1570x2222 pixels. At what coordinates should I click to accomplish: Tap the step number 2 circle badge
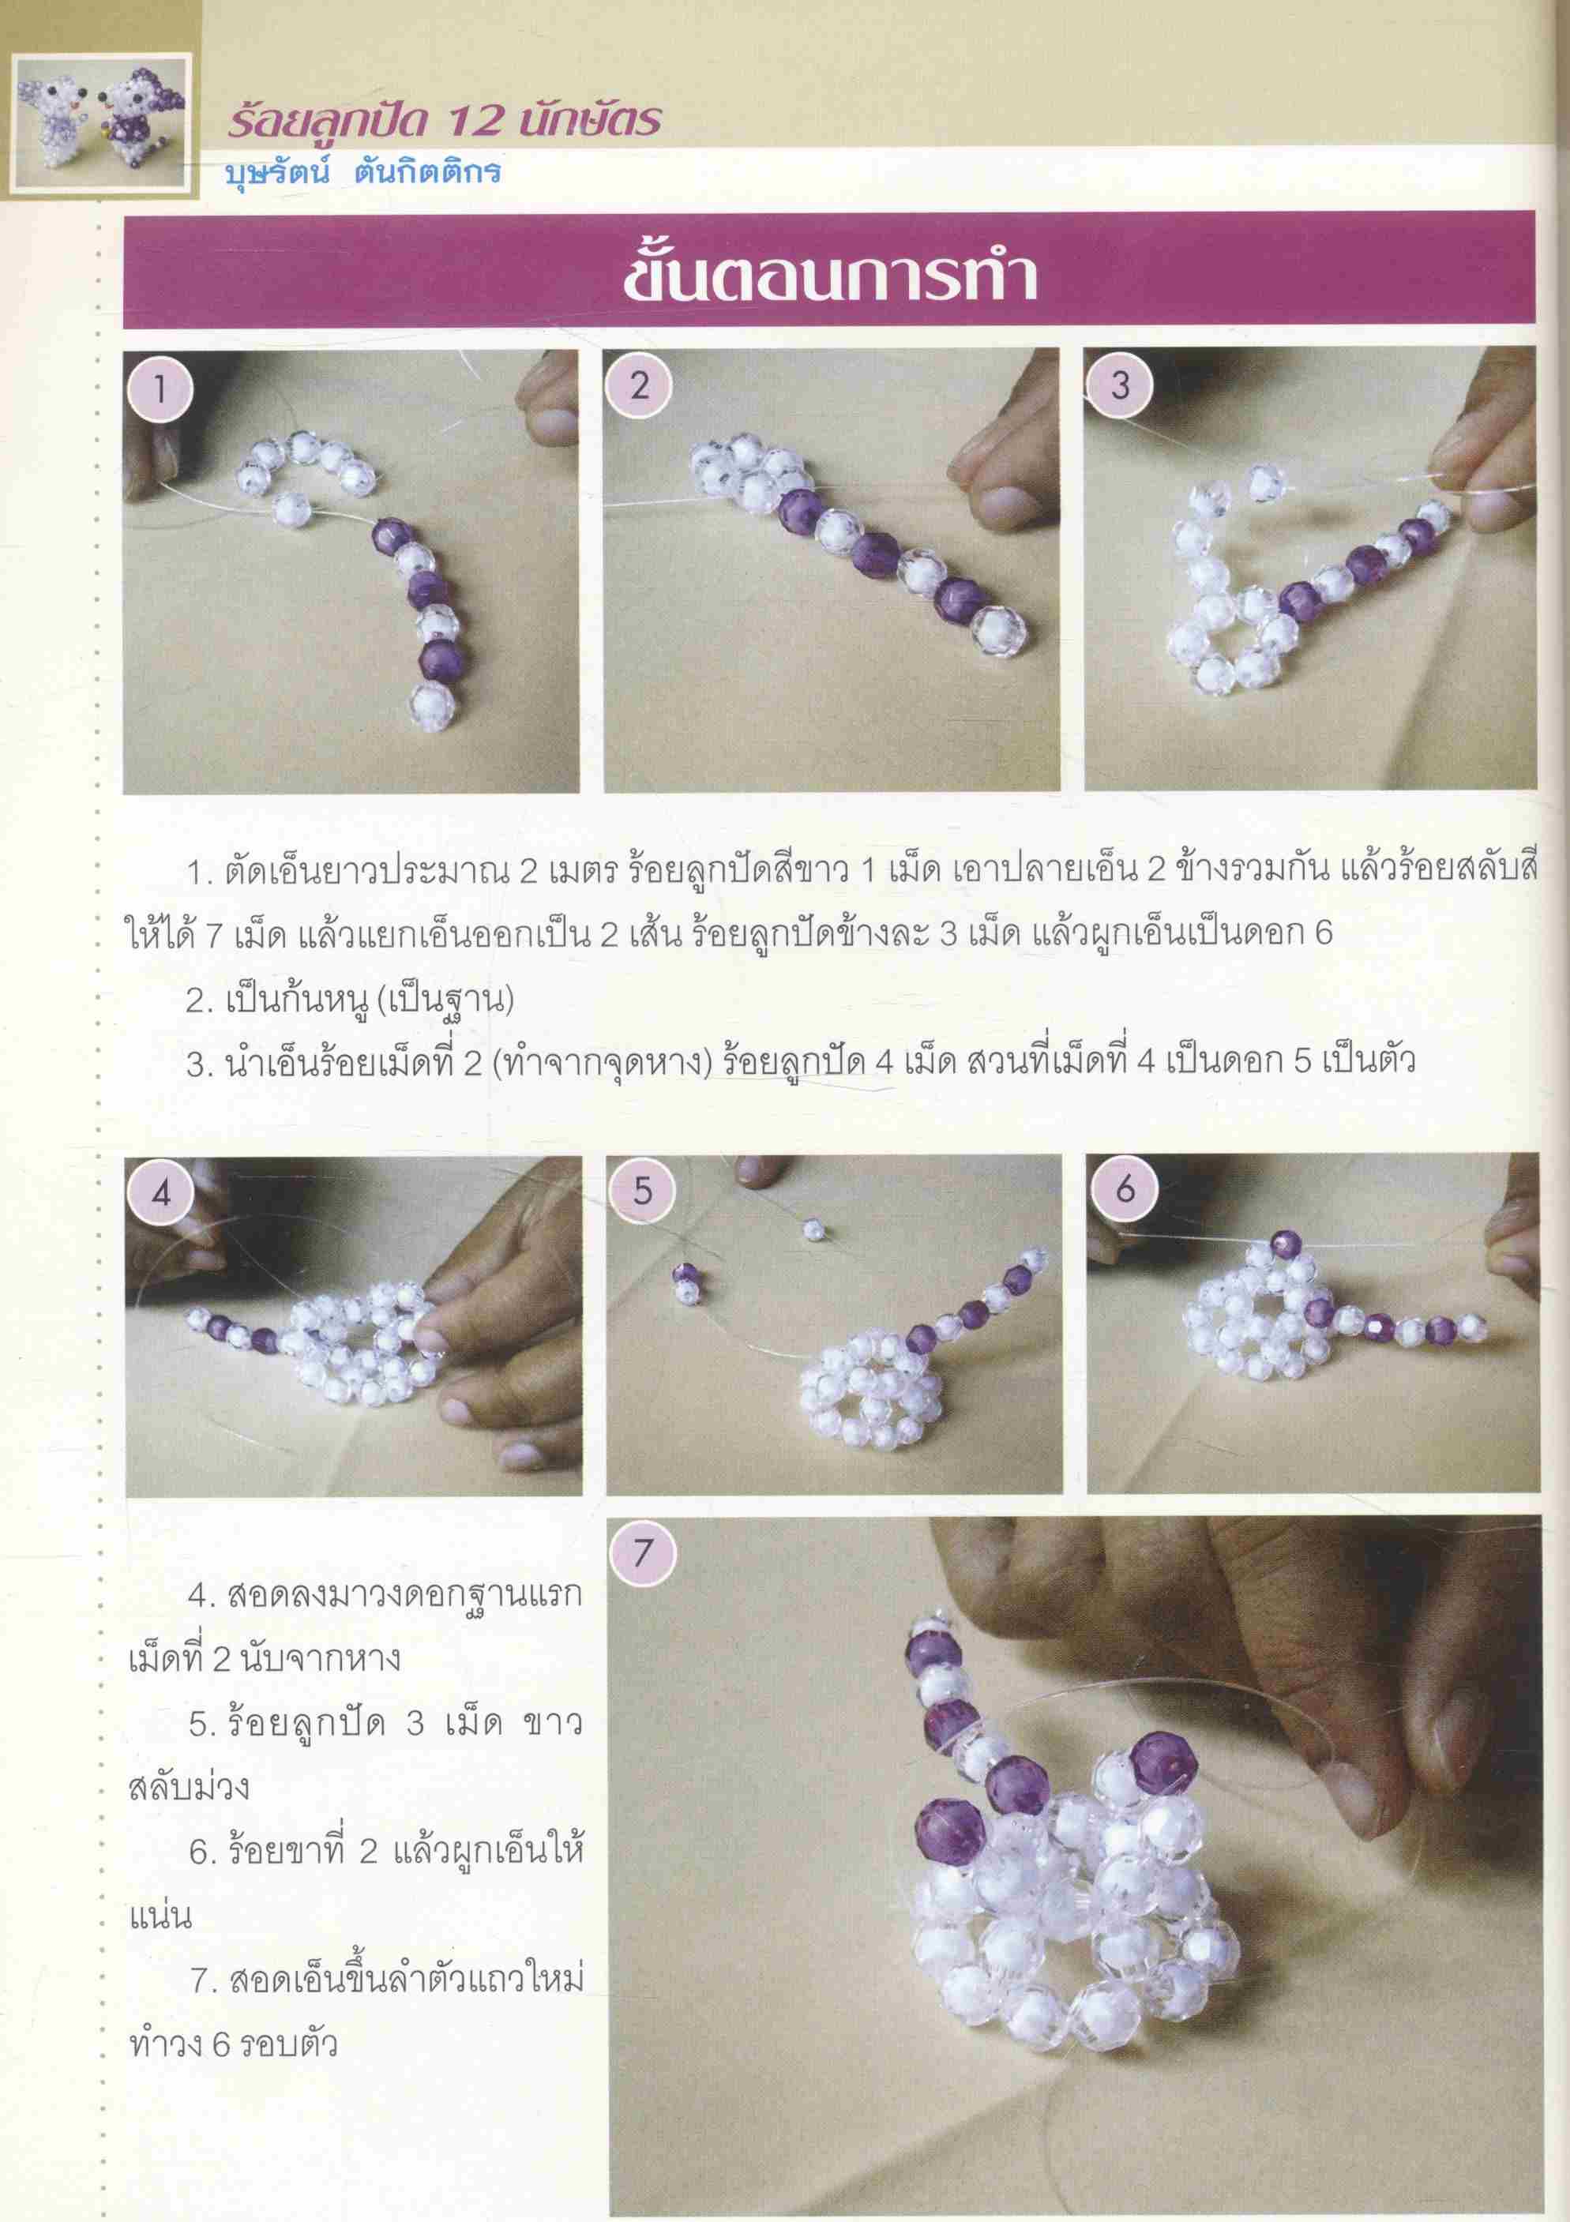click(639, 385)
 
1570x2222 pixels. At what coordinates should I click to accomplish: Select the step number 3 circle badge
click(1120, 385)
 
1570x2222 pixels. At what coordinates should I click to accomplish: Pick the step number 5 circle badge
click(644, 1191)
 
